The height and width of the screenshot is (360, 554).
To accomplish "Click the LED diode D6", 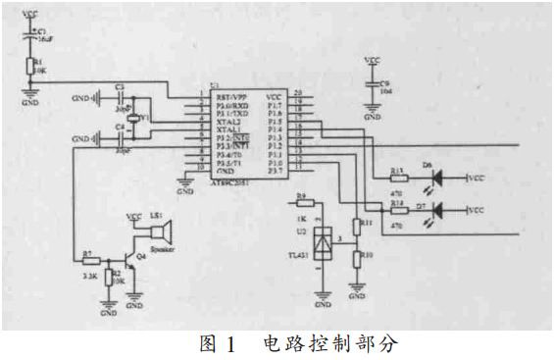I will coord(436,179).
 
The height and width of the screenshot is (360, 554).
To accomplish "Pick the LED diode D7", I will coord(436,209).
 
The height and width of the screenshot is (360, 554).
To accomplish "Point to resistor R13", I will coord(399,179).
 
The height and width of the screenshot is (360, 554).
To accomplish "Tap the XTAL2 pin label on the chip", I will coord(227,121).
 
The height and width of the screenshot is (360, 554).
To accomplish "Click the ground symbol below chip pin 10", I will coord(187,180).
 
